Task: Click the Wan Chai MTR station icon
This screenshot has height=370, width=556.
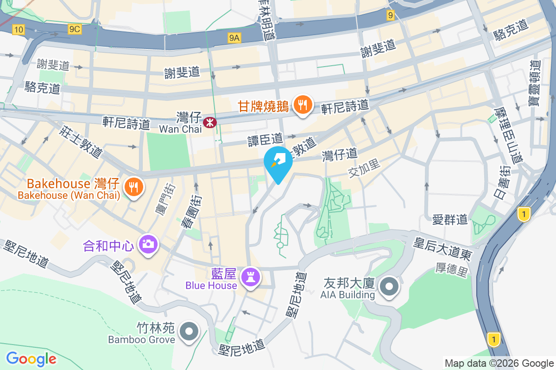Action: pos(210,122)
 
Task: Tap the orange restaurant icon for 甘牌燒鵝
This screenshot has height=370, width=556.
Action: pos(303,105)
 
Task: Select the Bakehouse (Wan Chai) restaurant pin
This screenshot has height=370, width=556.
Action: pos(133,187)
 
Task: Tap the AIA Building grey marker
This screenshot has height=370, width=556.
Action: pos(389,287)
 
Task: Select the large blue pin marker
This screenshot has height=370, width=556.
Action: pos(278,163)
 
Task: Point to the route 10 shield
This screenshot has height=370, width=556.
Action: pos(19,30)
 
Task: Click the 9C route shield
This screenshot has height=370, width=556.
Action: pos(74,30)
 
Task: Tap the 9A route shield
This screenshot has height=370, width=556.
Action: pos(234,38)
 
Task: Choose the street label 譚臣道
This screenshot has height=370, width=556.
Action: pos(265,138)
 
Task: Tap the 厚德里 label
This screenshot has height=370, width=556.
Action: pos(452,268)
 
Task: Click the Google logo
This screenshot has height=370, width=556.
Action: pos(32,359)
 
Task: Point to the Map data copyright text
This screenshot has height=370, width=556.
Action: pos(499,364)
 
